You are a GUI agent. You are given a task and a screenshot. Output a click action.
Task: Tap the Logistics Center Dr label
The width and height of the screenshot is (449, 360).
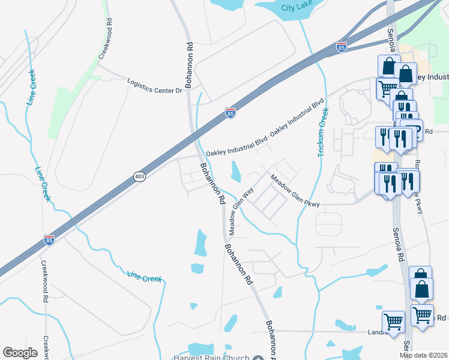pyautogui.click(x=154, y=86)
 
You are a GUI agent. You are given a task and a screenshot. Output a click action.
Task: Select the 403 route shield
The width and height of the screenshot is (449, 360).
pyautogui.click(x=139, y=176)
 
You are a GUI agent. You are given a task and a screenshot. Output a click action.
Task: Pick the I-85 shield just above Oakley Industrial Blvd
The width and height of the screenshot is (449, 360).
pyautogui.click(x=231, y=112)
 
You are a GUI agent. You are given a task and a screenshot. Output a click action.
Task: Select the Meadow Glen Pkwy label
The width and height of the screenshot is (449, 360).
pyautogui.click(x=294, y=191)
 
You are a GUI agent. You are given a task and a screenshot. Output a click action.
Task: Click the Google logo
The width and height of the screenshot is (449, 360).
pyautogui.click(x=20, y=353)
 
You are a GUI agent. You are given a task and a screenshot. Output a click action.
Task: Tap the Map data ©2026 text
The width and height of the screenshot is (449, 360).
pyautogui.click(x=424, y=355)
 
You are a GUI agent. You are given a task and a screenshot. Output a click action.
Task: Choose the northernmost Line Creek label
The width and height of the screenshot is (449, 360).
pyautogui.click(x=31, y=88)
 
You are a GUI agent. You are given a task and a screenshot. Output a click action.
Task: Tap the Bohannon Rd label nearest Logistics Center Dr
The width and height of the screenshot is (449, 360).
pyautogui.click(x=189, y=65)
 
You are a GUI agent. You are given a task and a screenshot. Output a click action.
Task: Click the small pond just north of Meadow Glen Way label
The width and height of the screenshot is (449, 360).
pyautogui.click(x=235, y=172)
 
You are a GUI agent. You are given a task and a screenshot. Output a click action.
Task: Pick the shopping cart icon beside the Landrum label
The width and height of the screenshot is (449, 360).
pyautogui.click(x=393, y=321)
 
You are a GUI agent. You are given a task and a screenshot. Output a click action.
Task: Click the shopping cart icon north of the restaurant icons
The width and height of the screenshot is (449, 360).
pyautogui.click(x=387, y=89)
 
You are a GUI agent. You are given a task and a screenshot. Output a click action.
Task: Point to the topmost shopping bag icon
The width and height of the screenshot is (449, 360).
pyautogui.click(x=388, y=65)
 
